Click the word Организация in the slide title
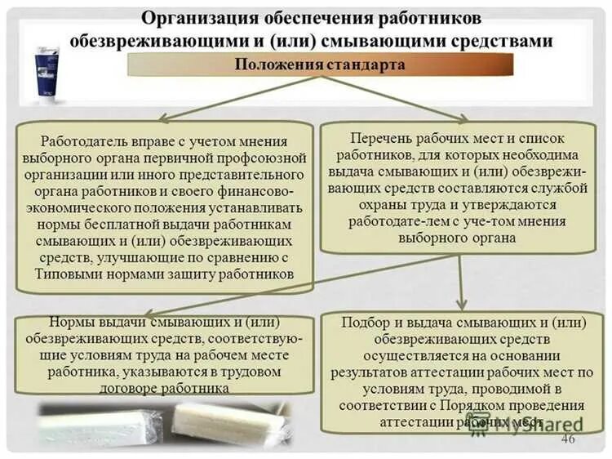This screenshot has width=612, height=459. tap(190, 18)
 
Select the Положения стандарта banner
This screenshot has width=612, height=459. tap(319, 65)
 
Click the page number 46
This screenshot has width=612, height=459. tap(568, 440)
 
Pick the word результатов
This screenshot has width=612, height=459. tap(367, 372)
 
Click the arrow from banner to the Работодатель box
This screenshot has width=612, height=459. tap(237, 100)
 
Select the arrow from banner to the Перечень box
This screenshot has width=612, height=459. tap(399, 100)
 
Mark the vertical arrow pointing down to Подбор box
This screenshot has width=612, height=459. tap(462, 282)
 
